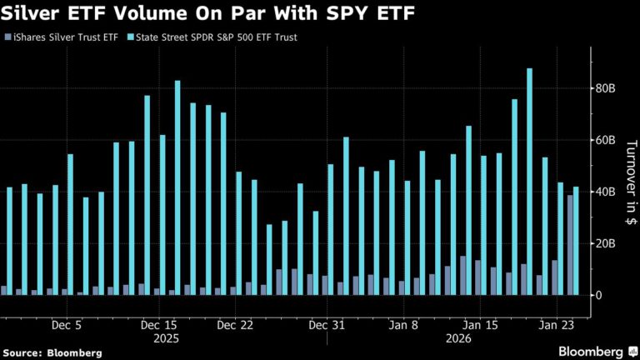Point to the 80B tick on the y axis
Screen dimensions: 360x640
tap(606, 88)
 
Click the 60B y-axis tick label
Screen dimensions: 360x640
tap(606, 140)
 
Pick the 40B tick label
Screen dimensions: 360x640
tap(606, 192)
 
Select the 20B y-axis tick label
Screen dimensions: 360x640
tap(606, 243)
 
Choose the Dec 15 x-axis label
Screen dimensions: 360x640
tap(160, 326)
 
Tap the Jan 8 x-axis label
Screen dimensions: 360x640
tap(405, 326)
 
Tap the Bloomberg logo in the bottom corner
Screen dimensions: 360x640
tap(593, 352)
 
